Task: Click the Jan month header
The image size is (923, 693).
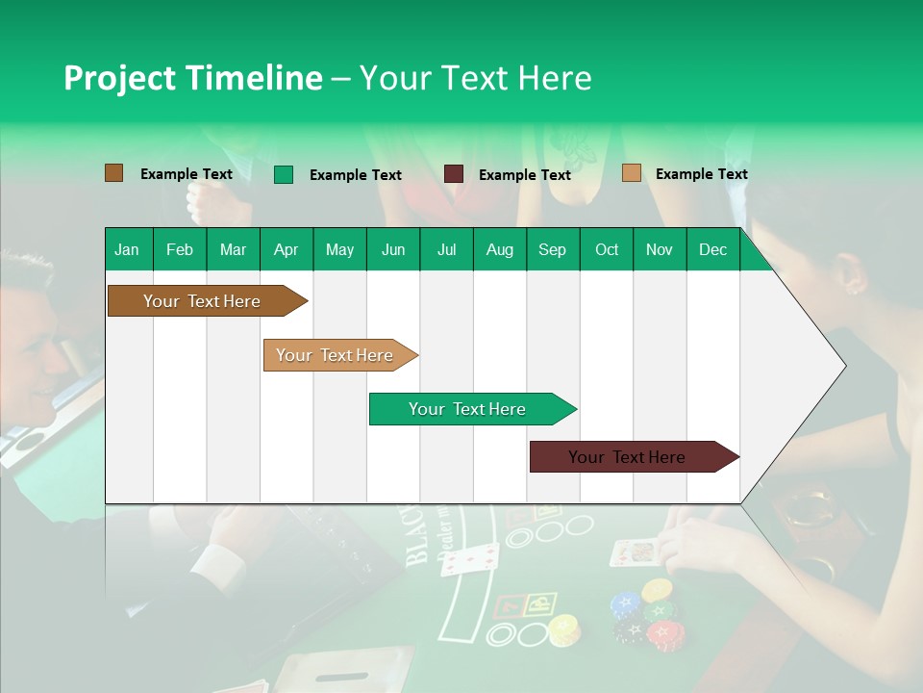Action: coord(128,249)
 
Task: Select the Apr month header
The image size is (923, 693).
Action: coord(287,249)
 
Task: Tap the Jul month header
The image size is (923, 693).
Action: coord(446,249)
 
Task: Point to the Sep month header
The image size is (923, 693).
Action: coord(553,249)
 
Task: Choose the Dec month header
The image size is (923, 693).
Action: coord(712,249)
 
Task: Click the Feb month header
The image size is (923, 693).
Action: coord(180,249)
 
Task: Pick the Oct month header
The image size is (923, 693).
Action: coord(607,249)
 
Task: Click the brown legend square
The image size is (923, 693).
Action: coord(113,173)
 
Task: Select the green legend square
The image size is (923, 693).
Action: coord(283,174)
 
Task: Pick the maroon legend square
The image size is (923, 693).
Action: coord(454,174)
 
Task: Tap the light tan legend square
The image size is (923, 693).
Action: coord(631,173)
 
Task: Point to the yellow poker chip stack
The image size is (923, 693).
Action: coord(562,629)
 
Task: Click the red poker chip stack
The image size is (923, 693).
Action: coord(665,634)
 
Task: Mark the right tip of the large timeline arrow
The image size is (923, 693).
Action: coord(844,366)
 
